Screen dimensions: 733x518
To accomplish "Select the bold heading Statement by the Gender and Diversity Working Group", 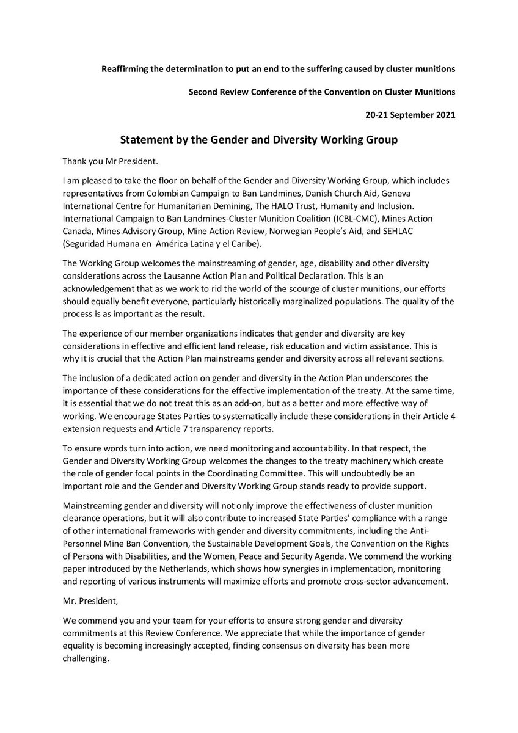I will [x=258, y=140].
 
